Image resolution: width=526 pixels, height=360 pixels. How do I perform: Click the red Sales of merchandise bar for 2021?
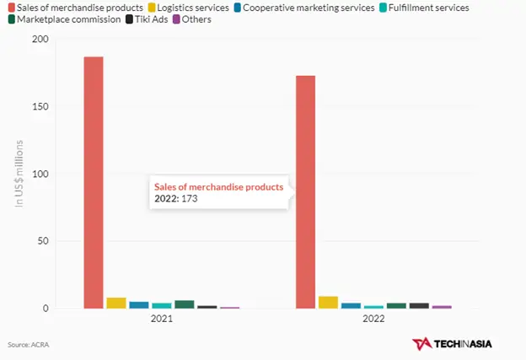tap(94, 182)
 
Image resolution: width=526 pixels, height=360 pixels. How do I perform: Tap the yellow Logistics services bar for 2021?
tap(116, 303)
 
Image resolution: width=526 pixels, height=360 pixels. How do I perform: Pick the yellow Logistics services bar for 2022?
tap(328, 302)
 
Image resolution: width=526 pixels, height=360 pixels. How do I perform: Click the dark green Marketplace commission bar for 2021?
tap(185, 304)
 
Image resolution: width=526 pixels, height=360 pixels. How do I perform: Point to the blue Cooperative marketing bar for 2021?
tap(139, 304)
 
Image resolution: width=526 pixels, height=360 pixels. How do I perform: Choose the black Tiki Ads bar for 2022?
tap(419, 305)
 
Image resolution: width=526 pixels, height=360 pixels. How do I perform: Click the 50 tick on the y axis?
tap(39, 241)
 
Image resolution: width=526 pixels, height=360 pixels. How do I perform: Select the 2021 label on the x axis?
tap(162, 320)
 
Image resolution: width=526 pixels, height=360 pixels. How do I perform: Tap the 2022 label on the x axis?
tap(373, 320)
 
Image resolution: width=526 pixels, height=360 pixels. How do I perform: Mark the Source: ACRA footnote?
tap(25, 344)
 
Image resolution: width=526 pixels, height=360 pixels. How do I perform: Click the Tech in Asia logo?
tap(452, 344)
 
